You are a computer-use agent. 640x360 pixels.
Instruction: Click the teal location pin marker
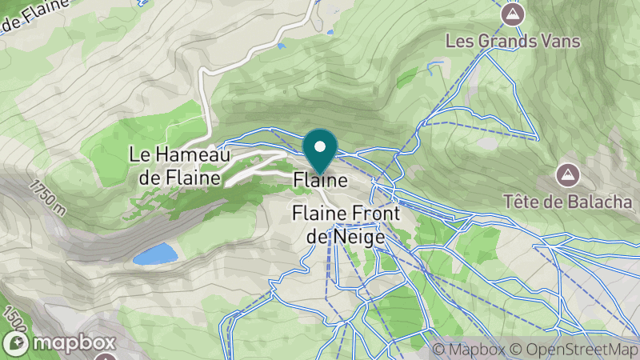(x=320, y=151)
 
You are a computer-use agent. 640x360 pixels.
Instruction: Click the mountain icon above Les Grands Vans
(x=512, y=14)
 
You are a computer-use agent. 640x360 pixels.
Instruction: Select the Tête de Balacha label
(x=568, y=200)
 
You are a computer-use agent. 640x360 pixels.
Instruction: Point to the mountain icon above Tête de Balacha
(x=568, y=174)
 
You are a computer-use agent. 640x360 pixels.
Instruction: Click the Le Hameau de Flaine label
(x=180, y=166)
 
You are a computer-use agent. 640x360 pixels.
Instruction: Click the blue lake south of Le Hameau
(x=155, y=255)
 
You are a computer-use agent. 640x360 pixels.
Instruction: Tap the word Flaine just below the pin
(x=321, y=181)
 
